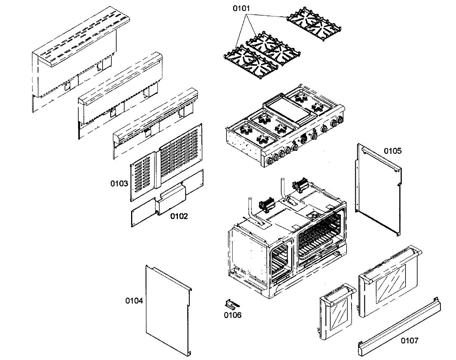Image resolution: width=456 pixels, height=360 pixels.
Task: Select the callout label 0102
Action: click(x=179, y=216)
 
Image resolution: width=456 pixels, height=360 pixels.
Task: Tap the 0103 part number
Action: click(x=119, y=184)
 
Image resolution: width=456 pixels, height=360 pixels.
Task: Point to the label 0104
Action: click(x=134, y=301)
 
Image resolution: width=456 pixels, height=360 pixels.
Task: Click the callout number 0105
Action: click(x=392, y=151)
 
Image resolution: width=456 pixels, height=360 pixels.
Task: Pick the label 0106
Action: click(x=233, y=315)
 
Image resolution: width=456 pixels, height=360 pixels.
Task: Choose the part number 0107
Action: click(x=410, y=341)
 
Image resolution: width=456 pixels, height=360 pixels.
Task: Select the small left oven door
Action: click(x=334, y=311)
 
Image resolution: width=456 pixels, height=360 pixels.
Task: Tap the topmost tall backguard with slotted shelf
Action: click(x=76, y=57)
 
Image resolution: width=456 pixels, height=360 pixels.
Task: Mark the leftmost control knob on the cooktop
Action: click(x=269, y=161)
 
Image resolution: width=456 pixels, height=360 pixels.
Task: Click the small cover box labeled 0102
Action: click(x=173, y=199)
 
